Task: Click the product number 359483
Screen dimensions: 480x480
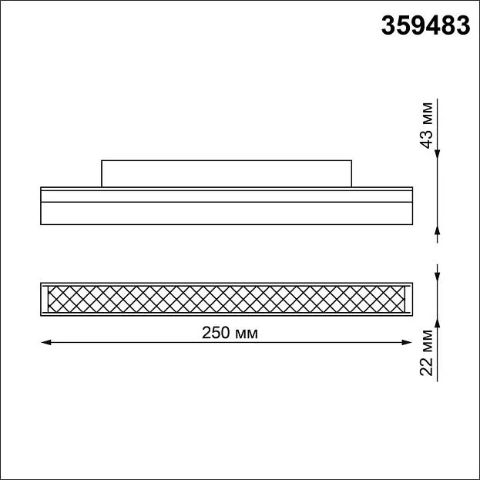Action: pyautogui.click(x=425, y=25)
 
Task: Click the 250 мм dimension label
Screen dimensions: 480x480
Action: pyautogui.click(x=230, y=333)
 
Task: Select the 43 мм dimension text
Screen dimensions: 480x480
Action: pyautogui.click(x=427, y=126)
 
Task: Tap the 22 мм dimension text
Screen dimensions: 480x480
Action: pyautogui.click(x=427, y=353)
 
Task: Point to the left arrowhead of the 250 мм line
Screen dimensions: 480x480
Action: pyautogui.click(x=46, y=342)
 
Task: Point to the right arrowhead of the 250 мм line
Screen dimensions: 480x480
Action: pyautogui.click(x=407, y=342)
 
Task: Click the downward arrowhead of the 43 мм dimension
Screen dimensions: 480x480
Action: pyautogui.click(x=437, y=155)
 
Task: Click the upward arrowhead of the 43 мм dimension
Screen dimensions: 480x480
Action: pyautogui.click(x=437, y=230)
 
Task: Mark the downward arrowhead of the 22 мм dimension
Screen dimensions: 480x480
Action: pyautogui.click(x=437, y=277)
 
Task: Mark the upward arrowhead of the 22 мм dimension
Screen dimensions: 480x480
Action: pyautogui.click(x=437, y=321)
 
